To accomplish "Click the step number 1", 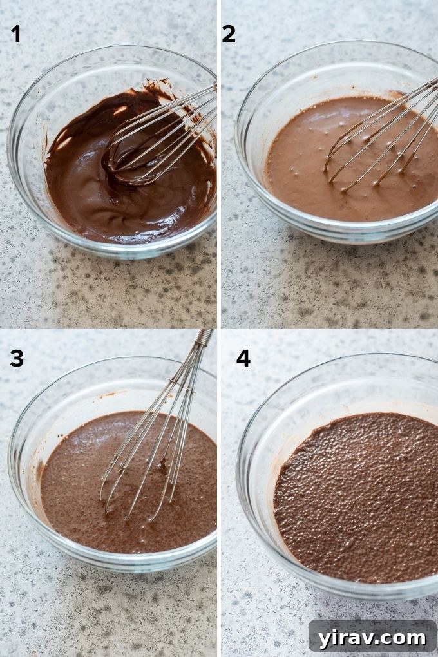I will pos(16,33).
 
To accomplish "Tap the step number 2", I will pos(229,33).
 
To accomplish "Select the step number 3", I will pos(17,358).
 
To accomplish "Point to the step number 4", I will pos(243,358).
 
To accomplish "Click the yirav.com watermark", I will pos(372,637).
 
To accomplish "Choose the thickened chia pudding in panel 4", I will pos(354,502).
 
